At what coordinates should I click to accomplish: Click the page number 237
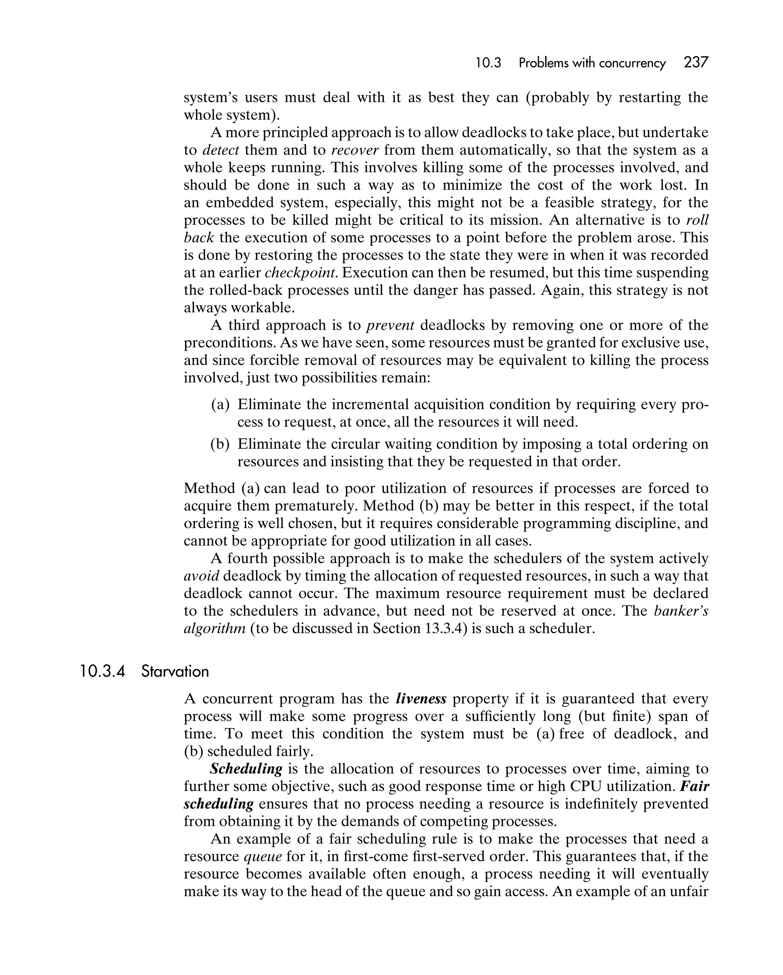pyautogui.click(x=696, y=62)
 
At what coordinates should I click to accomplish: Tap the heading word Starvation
pyautogui.click(x=175, y=672)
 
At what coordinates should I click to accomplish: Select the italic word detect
pyautogui.click(x=221, y=150)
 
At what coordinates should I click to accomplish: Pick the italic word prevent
pyautogui.click(x=391, y=325)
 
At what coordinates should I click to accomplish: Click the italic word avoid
pyautogui.click(x=201, y=576)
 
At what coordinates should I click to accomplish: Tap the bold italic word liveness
pyautogui.click(x=421, y=699)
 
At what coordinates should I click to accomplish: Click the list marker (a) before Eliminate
pyautogui.click(x=220, y=404)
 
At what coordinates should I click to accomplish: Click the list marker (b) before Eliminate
pyautogui.click(x=220, y=444)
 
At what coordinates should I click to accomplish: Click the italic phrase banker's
pyautogui.click(x=681, y=611)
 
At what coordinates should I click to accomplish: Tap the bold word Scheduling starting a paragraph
pyautogui.click(x=246, y=769)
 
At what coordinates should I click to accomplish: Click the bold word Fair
pyautogui.click(x=694, y=786)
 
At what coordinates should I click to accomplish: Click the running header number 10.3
pyautogui.click(x=488, y=63)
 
